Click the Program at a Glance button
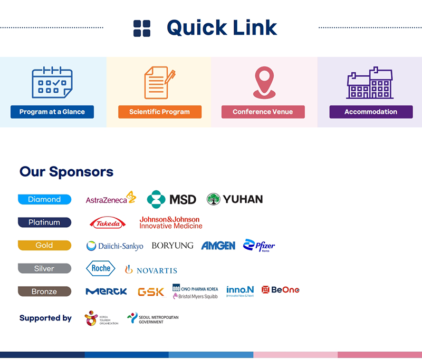click(x=52, y=112)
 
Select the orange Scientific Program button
click(x=159, y=112)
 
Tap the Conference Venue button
click(x=263, y=112)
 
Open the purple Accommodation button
click(x=371, y=112)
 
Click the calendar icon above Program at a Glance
click(x=52, y=82)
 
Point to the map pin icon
click(x=264, y=82)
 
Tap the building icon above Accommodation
click(x=370, y=83)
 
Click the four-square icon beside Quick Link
click(x=142, y=28)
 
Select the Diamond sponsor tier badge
click(x=44, y=199)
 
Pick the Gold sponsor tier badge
click(x=44, y=245)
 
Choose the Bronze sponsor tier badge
click(x=44, y=291)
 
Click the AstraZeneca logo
click(x=111, y=199)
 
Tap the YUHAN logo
click(x=235, y=199)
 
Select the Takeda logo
click(x=108, y=223)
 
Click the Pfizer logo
click(x=259, y=246)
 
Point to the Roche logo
click(x=100, y=268)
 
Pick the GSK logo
click(x=151, y=291)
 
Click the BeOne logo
click(x=281, y=290)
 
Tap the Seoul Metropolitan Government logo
click(x=152, y=318)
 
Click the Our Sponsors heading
click(x=66, y=171)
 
